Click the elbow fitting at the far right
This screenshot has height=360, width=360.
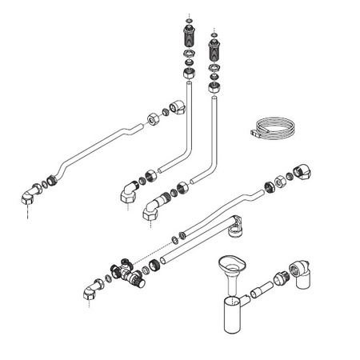tap(302, 172)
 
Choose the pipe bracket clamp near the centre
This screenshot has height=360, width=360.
tap(235, 230)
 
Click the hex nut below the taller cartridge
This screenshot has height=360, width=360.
tap(189, 70)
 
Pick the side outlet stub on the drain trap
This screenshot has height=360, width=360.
tap(242, 300)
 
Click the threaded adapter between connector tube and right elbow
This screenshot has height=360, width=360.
tap(280, 280)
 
